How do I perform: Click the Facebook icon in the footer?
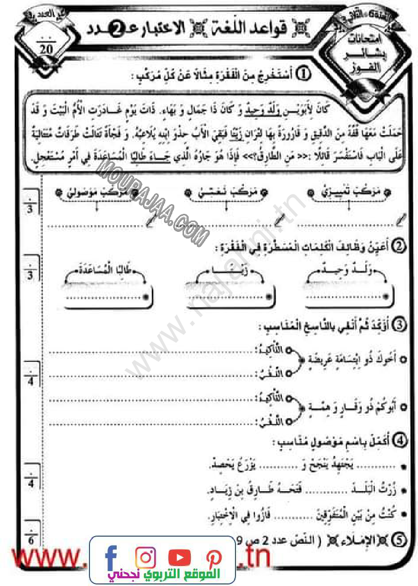pyautogui.click(x=111, y=557)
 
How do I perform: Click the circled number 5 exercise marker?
pyautogui.click(x=399, y=540)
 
